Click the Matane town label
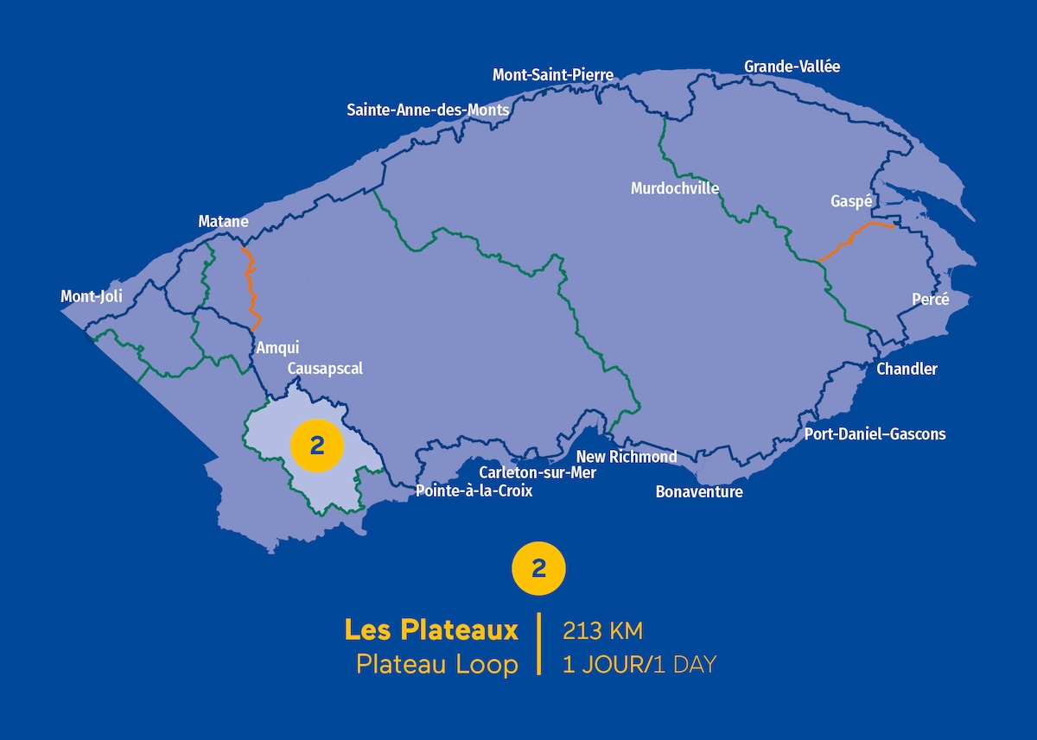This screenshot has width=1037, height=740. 223,222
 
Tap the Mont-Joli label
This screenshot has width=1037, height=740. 92,297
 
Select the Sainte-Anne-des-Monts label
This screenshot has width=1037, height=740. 428,111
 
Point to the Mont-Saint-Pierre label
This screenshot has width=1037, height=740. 553,75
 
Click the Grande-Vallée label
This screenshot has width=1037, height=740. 792,66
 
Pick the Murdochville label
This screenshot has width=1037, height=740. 675,188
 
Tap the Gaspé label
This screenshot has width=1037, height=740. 849,200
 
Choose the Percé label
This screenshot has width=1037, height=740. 930,300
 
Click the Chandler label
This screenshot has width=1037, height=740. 907,369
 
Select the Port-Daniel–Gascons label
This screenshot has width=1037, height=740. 875,433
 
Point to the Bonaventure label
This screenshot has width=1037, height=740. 699,492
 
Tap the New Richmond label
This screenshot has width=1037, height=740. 627,457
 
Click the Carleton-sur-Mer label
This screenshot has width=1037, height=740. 538,472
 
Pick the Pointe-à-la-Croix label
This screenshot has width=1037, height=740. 474,491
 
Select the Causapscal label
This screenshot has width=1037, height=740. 325,369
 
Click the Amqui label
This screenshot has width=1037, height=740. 277,348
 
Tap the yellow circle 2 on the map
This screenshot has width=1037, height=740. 317,446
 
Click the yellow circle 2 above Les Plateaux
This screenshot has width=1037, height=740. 539,568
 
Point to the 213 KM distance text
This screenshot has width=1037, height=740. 602,631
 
